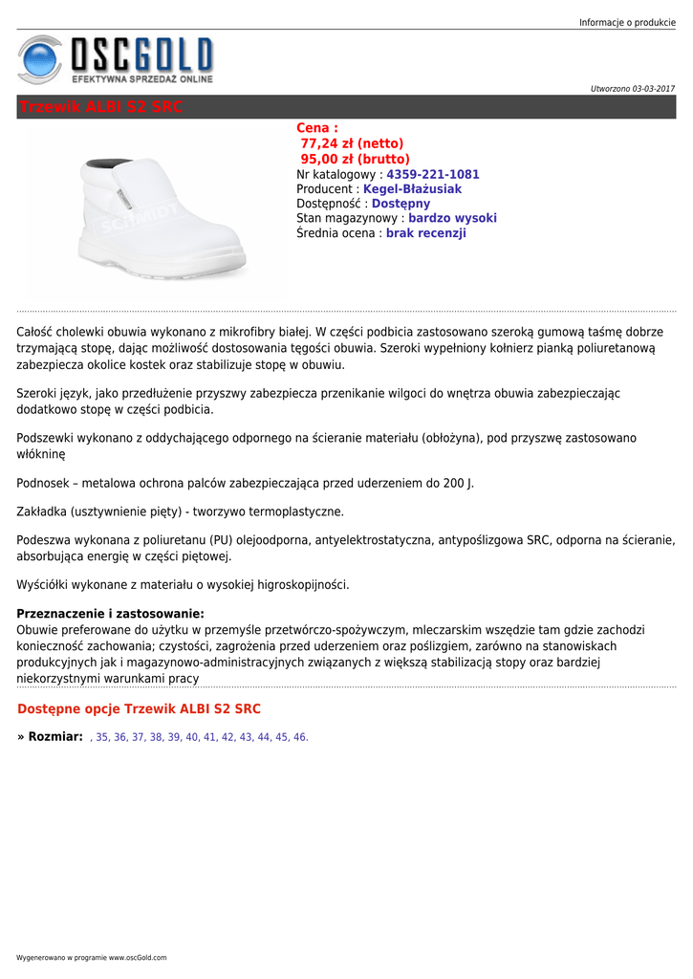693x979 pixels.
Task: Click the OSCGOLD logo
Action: click(x=116, y=59)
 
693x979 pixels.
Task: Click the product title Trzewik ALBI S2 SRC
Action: click(x=100, y=107)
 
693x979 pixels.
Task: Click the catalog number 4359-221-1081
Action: click(x=432, y=175)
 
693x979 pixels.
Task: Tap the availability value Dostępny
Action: click(x=401, y=204)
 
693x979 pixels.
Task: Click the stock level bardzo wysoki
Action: click(x=452, y=218)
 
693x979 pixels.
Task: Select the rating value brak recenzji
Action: click(x=425, y=233)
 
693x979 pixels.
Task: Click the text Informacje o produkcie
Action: click(x=627, y=23)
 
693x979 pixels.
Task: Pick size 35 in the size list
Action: click(x=102, y=738)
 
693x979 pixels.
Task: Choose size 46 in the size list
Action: click(x=300, y=738)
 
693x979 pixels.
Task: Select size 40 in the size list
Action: click(x=192, y=738)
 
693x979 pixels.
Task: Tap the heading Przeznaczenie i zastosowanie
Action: click(x=111, y=614)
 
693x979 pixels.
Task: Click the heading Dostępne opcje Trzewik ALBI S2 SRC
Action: click(x=139, y=708)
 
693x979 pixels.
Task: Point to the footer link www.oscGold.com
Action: click(x=137, y=958)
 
